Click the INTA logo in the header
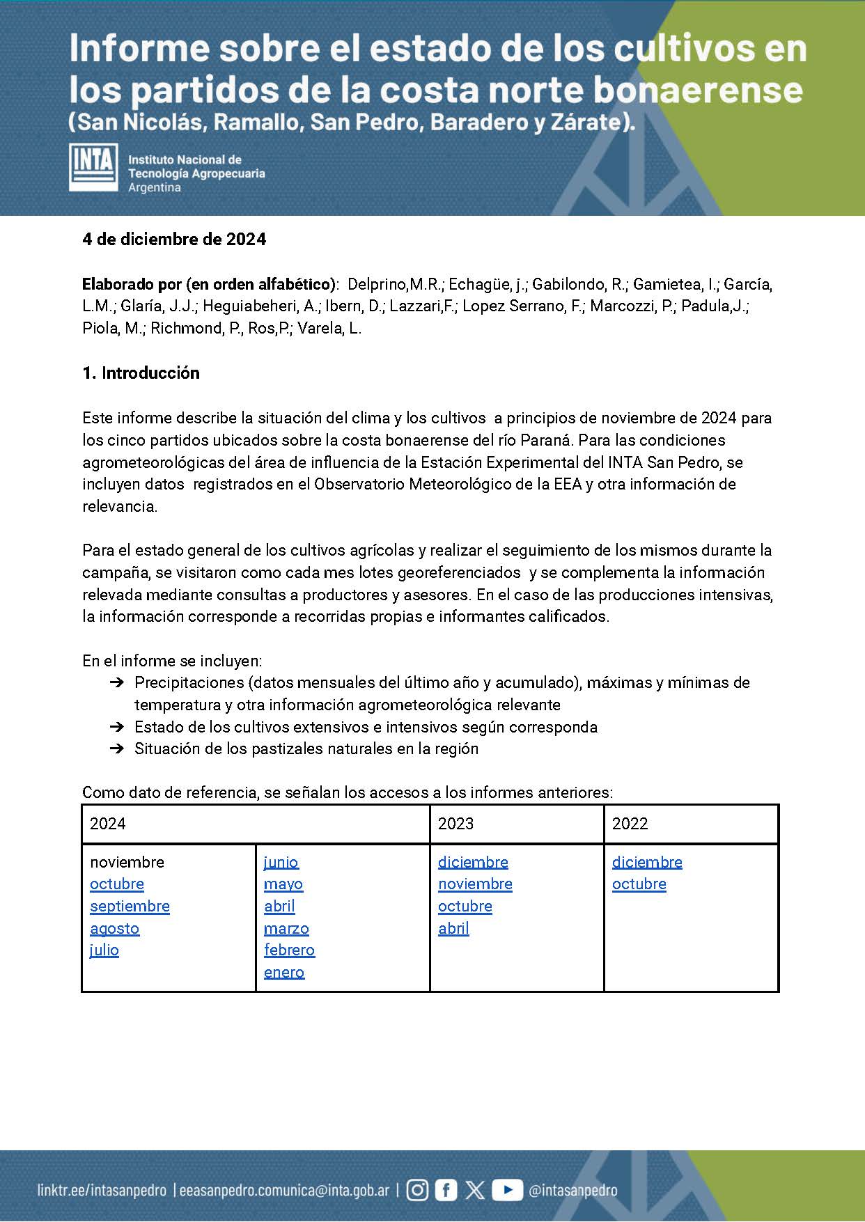point(93,167)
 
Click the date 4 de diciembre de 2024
point(174,240)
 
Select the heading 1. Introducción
point(141,373)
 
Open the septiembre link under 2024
point(130,907)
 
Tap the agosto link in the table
point(114,929)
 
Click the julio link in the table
point(104,950)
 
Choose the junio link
point(281,863)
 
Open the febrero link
point(289,950)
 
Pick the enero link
point(284,973)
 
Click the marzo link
point(286,929)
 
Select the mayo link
point(283,884)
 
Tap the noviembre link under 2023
point(475,884)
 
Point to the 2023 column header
point(455,824)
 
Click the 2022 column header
point(630,824)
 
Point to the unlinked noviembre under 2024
point(127,863)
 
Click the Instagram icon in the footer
point(417,1190)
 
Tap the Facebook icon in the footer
point(446,1190)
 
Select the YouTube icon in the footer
point(507,1190)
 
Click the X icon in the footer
point(475,1190)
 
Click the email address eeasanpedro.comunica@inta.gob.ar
point(284,1191)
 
